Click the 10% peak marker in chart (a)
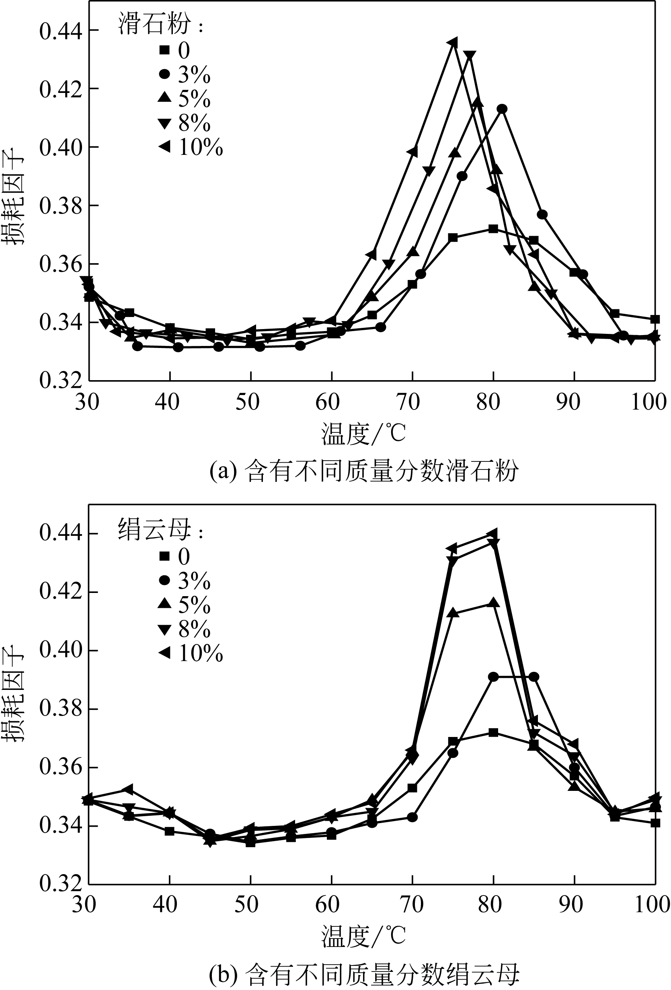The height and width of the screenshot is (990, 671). pyautogui.click(x=453, y=43)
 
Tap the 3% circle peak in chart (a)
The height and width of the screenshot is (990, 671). pyautogui.click(x=502, y=109)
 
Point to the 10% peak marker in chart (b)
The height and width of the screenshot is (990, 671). pyautogui.click(x=493, y=533)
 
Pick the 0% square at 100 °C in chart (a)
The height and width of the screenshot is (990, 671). pyautogui.click(x=655, y=319)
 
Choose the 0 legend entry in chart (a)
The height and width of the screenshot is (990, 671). pyautogui.click(x=174, y=51)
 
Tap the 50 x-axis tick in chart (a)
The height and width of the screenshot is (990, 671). pyautogui.click(x=248, y=402)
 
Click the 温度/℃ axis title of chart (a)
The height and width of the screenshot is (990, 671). pyautogui.click(x=363, y=434)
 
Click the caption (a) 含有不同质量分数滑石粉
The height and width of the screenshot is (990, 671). pyautogui.click(x=364, y=471)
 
